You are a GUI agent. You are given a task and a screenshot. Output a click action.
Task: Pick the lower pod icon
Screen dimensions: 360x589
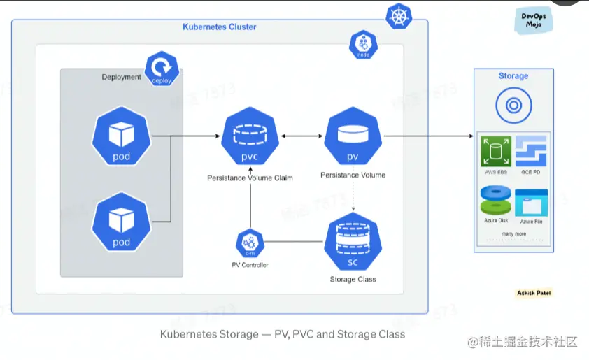122,223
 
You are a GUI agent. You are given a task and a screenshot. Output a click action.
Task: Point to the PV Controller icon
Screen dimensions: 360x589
250,243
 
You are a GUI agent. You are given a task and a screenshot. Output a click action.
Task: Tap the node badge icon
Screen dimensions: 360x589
363,45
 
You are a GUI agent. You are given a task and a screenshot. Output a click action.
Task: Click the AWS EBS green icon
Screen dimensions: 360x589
495,150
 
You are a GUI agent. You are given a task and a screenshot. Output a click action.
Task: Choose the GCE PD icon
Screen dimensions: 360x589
531,150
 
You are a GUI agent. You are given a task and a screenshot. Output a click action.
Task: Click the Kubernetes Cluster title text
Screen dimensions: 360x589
220,27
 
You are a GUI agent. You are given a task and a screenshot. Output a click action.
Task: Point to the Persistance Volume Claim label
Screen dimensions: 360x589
250,178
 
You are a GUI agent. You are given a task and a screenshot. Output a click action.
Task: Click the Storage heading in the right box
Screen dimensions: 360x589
513,75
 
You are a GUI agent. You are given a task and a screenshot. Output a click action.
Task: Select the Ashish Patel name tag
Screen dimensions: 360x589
534,293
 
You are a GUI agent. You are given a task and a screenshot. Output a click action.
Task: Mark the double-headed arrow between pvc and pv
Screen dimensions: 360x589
301,136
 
